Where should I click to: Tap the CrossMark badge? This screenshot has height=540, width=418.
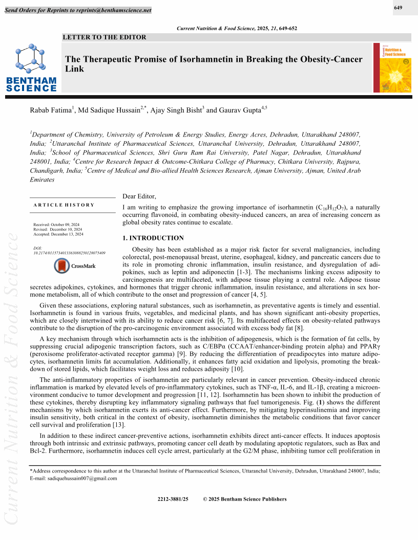pos(75,266)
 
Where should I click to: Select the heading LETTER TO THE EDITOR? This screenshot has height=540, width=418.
pos(104,37)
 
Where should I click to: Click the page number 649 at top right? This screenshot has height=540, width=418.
pos(398,8)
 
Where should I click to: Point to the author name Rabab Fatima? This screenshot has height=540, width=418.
pos(52,109)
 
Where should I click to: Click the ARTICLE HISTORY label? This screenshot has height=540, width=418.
pos(64,205)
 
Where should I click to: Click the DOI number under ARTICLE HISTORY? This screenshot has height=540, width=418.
pos(69,253)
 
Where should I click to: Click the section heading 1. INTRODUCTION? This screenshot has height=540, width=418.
pos(153,238)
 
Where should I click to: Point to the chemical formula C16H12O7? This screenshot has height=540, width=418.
pos(333,208)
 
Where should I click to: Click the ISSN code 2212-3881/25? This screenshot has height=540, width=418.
pos(173,499)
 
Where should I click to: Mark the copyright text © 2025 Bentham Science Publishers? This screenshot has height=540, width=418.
pos(245,499)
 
